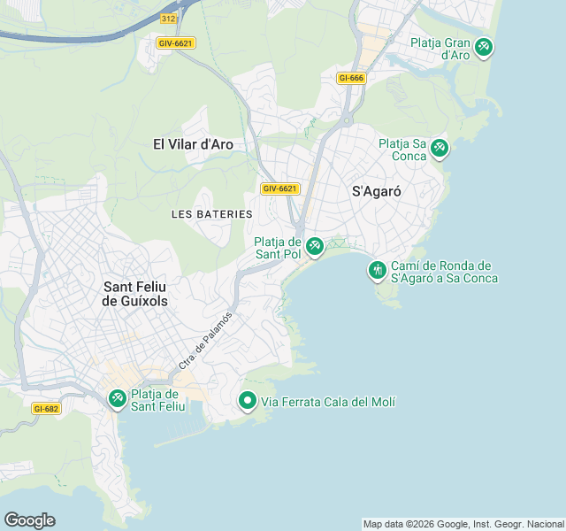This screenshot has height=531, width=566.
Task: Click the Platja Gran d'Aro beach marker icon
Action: point(484,47)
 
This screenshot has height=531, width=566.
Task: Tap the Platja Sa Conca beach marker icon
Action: point(440,150)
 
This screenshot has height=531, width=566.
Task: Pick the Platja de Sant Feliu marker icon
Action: point(117,400)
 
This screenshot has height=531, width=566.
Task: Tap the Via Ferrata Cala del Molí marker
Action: point(248,402)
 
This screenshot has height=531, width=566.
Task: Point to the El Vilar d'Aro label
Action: point(193,143)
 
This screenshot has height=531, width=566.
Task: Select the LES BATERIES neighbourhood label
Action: point(211,214)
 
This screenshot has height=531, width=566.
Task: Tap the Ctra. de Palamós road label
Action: point(205,341)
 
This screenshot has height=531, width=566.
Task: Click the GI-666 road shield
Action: point(351,78)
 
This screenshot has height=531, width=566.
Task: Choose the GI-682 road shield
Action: point(45,409)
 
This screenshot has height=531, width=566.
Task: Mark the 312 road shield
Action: point(169,18)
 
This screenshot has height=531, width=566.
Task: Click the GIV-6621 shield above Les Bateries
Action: point(280,189)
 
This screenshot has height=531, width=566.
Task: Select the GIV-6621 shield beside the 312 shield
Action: point(175,42)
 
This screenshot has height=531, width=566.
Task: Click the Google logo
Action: point(29,519)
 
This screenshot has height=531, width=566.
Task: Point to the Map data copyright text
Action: point(463,524)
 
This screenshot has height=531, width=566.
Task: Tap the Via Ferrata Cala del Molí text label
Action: point(328,403)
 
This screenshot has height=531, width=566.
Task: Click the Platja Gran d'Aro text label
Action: point(440,48)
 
